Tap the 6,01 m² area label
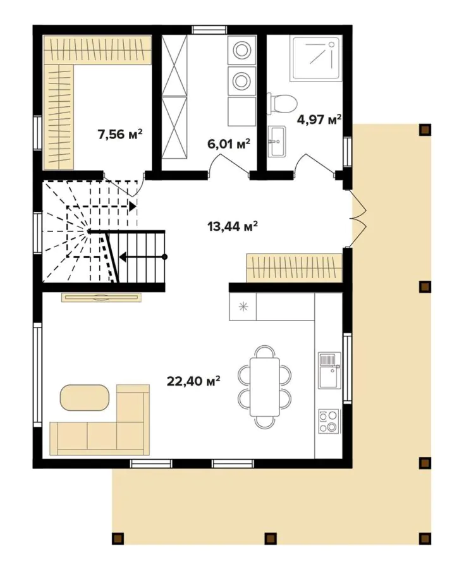click(229, 144)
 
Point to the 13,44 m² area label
click(232, 226)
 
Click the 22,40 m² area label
click(193, 381)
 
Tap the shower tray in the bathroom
click(315, 58)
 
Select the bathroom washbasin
click(277, 140)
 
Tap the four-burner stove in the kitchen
click(329, 421)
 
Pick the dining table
click(265, 386)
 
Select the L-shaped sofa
click(101, 430)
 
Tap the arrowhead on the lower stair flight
click(123, 257)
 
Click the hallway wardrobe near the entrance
click(294, 267)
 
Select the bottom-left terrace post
click(117, 539)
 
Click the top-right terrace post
click(425, 130)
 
